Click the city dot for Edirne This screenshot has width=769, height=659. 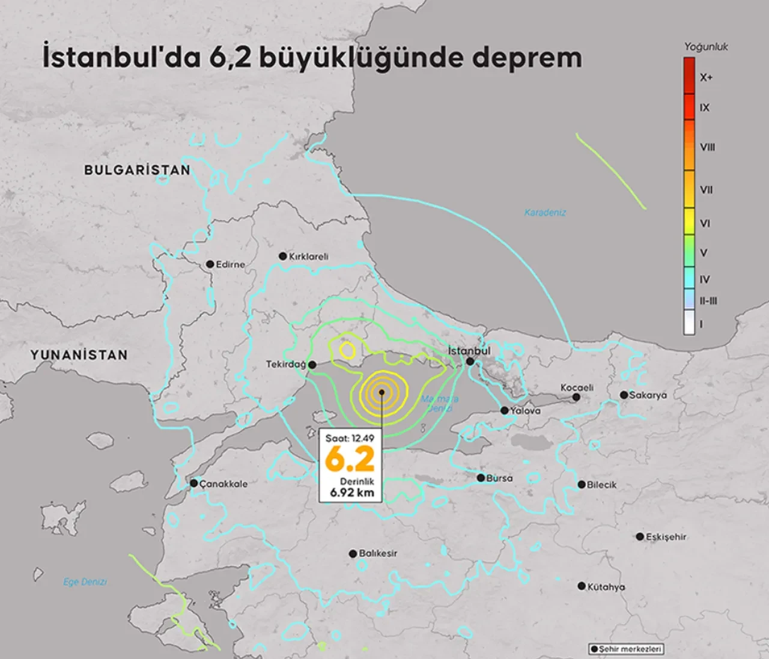point(210,264)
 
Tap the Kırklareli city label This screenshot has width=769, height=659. point(308,257)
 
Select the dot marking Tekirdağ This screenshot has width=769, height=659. point(312,365)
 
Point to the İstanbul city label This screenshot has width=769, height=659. point(469,351)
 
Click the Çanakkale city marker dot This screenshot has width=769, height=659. point(194,483)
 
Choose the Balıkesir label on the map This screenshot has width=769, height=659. point(377,553)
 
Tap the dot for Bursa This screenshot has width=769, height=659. point(481,478)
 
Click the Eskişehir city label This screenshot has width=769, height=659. point(666,537)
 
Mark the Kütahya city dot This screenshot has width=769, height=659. point(582,586)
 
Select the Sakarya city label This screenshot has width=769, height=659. point(648,395)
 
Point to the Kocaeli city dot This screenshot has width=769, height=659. point(576,397)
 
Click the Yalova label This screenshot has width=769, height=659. point(525,411)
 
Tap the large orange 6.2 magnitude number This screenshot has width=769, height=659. point(350,460)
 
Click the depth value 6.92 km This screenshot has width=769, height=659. point(351,493)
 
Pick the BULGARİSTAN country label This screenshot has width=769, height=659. point(137,170)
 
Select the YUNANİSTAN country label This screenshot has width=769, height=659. point(79,355)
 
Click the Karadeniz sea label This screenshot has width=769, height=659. point(545,213)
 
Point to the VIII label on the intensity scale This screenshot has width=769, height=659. point(707,147)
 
